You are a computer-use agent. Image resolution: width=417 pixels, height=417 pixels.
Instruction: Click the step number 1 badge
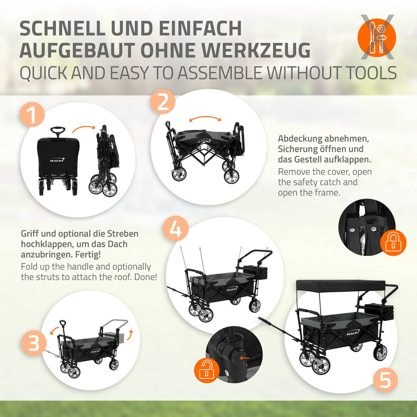click(32, 114)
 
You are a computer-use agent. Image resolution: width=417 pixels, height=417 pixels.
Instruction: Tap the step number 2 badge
click(163, 102)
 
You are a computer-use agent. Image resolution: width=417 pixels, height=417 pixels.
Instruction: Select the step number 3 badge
click(34, 343)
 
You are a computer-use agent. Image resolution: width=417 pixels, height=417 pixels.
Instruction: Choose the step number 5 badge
click(385, 380)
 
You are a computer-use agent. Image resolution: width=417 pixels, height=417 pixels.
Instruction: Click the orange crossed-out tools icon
click(377, 37)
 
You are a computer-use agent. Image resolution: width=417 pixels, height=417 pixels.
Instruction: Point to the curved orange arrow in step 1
click(83, 128)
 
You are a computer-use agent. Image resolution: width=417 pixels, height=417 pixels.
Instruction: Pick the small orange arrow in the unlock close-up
click(244, 358)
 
